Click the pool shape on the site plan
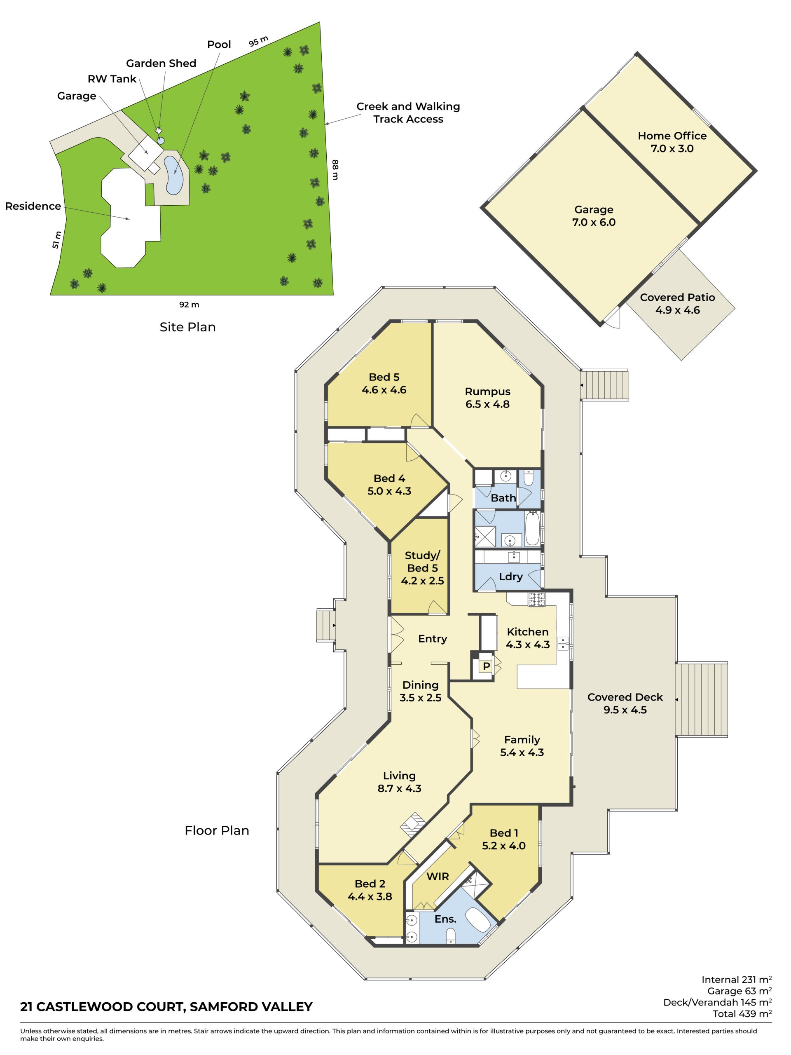click(x=173, y=175)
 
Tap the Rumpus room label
click(x=487, y=398)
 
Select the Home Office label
click(x=672, y=142)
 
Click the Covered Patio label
click(x=677, y=304)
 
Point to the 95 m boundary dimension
click(x=258, y=42)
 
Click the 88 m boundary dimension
click(x=335, y=170)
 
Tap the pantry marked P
click(x=486, y=666)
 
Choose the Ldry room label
click(x=510, y=577)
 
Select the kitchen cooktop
click(x=536, y=600)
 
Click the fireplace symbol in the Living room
click(x=412, y=825)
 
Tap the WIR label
click(x=437, y=876)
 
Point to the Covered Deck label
click(x=625, y=703)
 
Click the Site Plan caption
click(x=187, y=327)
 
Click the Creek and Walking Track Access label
click(x=408, y=113)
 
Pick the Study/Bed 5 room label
click(x=422, y=568)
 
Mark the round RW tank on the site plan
click(x=161, y=140)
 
